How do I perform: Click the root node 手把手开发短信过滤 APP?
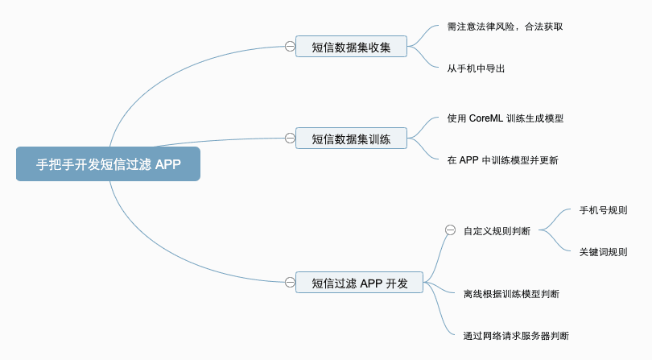tap(108, 164)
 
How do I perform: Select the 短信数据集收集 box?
tap(351, 47)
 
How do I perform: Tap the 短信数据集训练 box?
tap(351, 139)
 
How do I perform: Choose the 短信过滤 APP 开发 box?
tap(359, 283)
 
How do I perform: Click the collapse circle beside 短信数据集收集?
tap(290, 47)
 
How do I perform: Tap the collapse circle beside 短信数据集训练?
tap(290, 139)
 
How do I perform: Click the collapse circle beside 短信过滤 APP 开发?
tap(290, 282)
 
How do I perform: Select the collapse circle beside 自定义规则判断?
tap(450, 230)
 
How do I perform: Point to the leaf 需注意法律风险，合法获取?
tap(505, 26)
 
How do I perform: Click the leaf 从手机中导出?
tap(476, 68)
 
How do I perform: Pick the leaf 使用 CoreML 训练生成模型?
tap(505, 118)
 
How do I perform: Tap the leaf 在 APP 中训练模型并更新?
tap(502, 160)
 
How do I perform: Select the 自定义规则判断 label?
tap(497, 231)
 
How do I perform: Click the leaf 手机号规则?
tap(603, 210)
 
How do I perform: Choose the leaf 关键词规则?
tap(603, 252)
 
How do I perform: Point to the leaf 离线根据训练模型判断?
tap(511, 294)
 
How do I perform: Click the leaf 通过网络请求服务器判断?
tap(516, 336)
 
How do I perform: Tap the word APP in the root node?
tap(168, 164)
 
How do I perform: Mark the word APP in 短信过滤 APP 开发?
tap(371, 283)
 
